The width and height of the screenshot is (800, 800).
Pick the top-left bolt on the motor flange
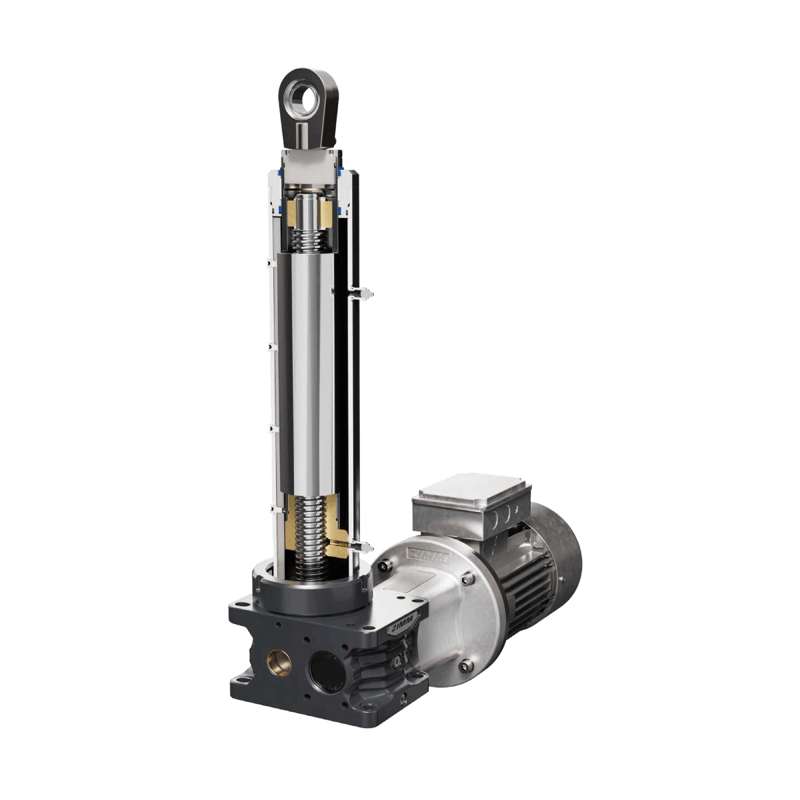(383, 565)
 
